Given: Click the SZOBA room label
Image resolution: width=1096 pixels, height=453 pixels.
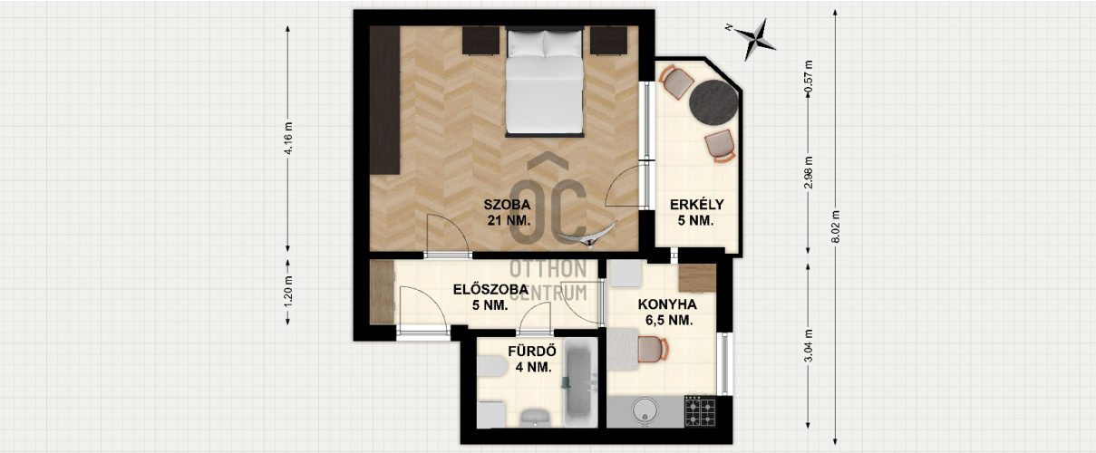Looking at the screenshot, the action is [507, 205].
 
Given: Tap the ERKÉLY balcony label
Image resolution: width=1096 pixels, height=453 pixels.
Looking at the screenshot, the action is [697, 205].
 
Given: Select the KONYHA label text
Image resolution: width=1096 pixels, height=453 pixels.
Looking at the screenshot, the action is [667, 304].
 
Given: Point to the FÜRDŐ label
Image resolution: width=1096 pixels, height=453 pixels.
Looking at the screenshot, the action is [532, 352].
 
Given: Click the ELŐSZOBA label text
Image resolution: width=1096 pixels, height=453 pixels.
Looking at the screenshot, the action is [490, 290].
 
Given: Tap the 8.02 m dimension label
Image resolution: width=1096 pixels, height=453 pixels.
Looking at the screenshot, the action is [836, 226].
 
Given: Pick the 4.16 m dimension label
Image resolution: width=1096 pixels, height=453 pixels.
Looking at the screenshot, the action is [288, 139].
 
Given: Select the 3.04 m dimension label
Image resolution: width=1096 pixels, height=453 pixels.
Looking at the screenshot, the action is [809, 345].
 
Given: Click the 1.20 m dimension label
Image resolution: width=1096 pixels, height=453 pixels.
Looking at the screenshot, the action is [288, 292].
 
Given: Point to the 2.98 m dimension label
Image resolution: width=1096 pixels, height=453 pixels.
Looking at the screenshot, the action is [809, 172].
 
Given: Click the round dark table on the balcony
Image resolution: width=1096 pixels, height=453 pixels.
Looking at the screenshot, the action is [713, 101].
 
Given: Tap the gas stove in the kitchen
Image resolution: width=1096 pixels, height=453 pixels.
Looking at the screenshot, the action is [700, 411].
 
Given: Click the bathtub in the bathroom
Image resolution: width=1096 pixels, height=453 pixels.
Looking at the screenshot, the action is [581, 382].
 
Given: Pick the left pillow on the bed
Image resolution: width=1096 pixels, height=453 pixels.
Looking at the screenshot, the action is [526, 43].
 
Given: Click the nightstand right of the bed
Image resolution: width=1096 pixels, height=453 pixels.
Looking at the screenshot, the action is [608, 40].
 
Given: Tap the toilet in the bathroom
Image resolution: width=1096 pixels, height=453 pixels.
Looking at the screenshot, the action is [491, 366].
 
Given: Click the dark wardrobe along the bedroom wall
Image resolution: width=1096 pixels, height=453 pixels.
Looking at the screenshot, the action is [385, 100].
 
